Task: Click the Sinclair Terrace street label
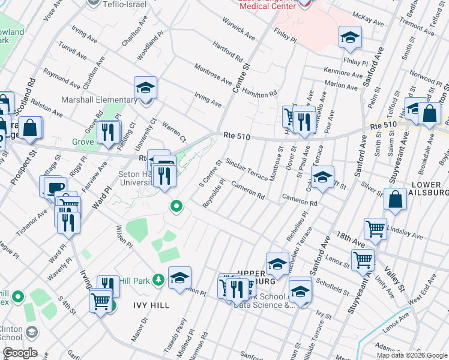246,170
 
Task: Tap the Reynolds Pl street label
214,193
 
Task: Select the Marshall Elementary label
99,100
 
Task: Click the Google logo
20,353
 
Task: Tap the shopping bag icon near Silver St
396,201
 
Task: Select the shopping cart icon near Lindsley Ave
375,229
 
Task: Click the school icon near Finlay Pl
349,38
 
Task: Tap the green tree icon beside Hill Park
158,280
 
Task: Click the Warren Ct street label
172,127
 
